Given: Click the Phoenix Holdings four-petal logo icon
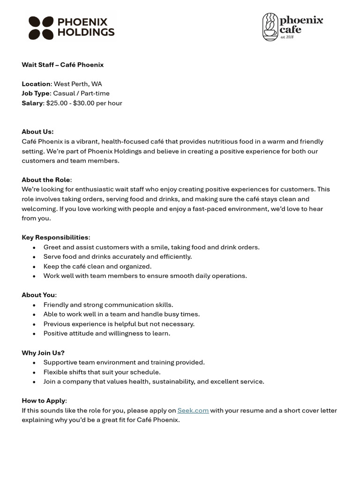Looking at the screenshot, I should pyautogui.click(x=41, y=28).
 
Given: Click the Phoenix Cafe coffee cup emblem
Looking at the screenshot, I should pyautogui.click(x=270, y=27).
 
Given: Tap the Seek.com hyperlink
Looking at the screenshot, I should pyautogui.click(x=193, y=410).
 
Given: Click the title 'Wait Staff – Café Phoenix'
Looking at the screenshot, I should pyautogui.click(x=62, y=65).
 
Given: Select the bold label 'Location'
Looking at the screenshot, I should pyautogui.click(x=36, y=84).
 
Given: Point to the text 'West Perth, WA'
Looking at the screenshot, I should pyautogui.click(x=77, y=84).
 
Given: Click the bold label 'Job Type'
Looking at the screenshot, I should pyautogui.click(x=36, y=93).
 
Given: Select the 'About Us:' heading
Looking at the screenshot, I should pyautogui.click(x=37, y=132).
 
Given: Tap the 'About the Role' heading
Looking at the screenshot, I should pyautogui.click(x=46, y=180).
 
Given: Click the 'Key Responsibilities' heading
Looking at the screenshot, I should pyautogui.click(x=55, y=237).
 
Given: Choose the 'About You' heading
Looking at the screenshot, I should pyautogui.click(x=38, y=295).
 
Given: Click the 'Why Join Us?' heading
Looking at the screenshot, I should pyautogui.click(x=43, y=352).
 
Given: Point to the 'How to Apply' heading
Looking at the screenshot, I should pyautogui.click(x=44, y=400).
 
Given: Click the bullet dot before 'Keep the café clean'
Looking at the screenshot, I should pyautogui.click(x=34, y=267).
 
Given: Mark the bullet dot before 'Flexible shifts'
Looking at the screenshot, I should pyautogui.click(x=34, y=372).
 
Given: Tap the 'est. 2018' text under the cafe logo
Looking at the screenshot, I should pyautogui.click(x=287, y=37).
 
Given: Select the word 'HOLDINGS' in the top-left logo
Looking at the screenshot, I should pyautogui.click(x=86, y=32).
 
